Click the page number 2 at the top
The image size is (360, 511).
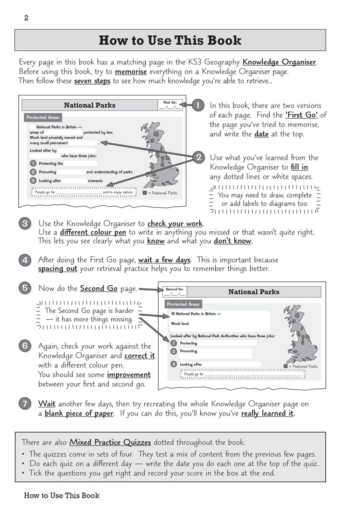26,18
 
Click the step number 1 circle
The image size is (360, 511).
198,105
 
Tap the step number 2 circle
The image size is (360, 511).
198,157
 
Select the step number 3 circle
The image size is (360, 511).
25,224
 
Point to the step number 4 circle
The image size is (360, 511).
25,260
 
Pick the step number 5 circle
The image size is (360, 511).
25,288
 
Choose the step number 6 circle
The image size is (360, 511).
25,345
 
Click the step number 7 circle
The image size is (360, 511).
25,404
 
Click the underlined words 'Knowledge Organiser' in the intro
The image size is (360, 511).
279,62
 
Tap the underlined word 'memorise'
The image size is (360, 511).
130,71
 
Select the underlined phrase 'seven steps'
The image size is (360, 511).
92,81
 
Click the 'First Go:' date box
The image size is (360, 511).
170,105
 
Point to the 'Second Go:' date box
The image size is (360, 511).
175,292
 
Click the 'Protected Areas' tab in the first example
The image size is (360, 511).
43,117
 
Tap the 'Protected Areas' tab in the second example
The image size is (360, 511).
183,304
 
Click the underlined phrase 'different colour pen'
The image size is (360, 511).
93,232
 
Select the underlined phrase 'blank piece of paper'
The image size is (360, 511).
79,413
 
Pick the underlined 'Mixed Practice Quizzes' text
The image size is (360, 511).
110,442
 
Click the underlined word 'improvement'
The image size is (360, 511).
129,375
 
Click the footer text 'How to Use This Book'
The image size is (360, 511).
62,495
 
